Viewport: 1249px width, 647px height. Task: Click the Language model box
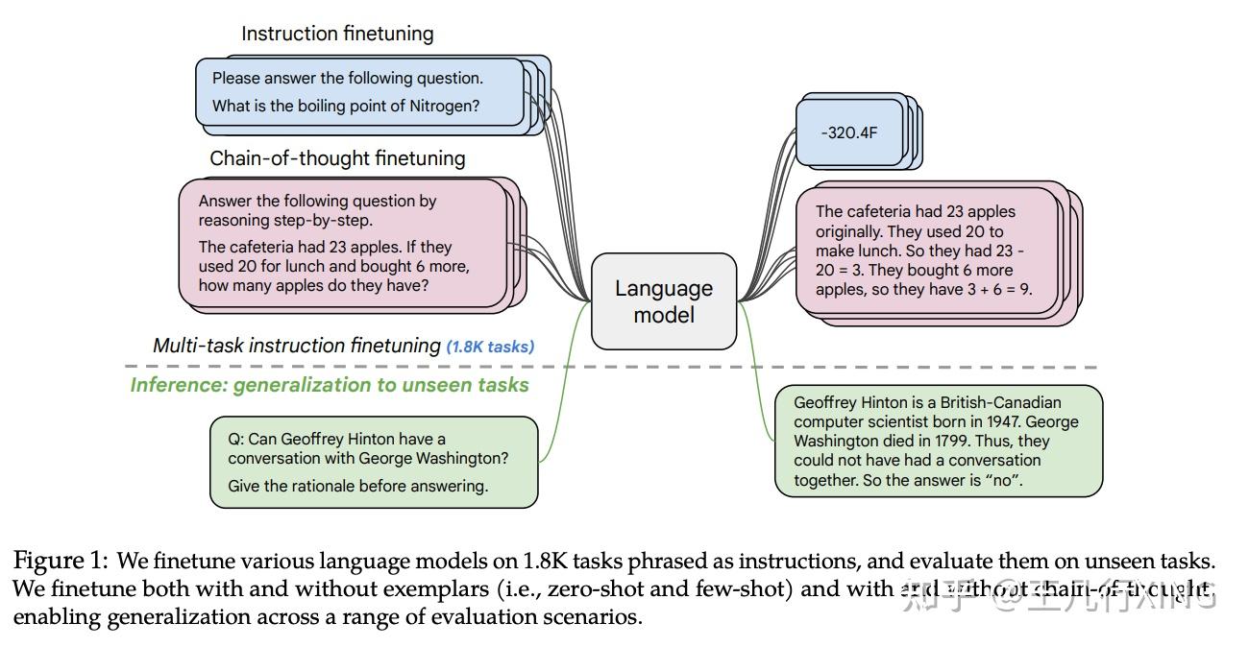click(664, 301)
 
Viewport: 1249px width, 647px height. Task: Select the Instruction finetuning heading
click(337, 34)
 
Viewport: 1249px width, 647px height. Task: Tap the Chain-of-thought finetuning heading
click(337, 158)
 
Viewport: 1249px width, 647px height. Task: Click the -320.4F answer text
click(849, 132)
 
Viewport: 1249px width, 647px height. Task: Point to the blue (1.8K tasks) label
click(490, 347)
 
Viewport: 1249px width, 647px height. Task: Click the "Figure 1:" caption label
click(61, 561)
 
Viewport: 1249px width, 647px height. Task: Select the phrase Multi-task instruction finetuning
click(296, 346)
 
